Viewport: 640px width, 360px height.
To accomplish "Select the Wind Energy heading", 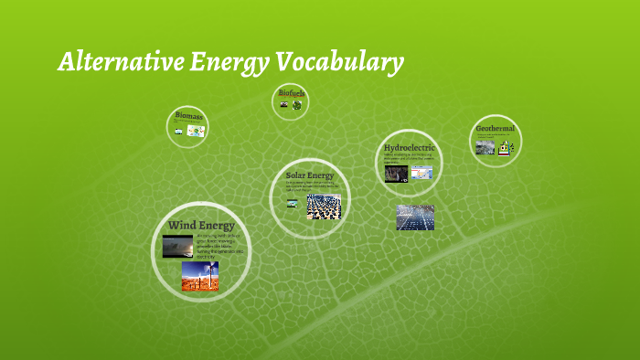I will [x=201, y=225].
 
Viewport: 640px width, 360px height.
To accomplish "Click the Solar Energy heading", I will [x=310, y=175].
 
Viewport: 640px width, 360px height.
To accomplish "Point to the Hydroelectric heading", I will [x=409, y=147].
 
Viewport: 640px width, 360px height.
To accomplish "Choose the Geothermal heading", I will [x=495, y=129].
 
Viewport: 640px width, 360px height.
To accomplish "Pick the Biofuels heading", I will [x=292, y=93].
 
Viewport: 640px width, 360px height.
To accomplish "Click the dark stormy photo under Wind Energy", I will [x=177, y=246].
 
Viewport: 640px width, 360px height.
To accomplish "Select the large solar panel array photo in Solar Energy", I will [x=324, y=206].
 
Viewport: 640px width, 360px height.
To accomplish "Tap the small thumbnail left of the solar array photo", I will [x=293, y=204].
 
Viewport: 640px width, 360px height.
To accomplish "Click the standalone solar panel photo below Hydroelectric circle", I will [x=415, y=217].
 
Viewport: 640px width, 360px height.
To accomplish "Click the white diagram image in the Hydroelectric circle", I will [x=421, y=170].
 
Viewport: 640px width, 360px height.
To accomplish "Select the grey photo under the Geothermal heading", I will [x=485, y=146].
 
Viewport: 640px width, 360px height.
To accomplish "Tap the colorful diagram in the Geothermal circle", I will [x=506, y=146].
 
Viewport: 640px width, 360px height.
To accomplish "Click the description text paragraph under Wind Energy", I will [x=218, y=247].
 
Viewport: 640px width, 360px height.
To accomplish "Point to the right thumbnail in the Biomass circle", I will [x=196, y=131].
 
